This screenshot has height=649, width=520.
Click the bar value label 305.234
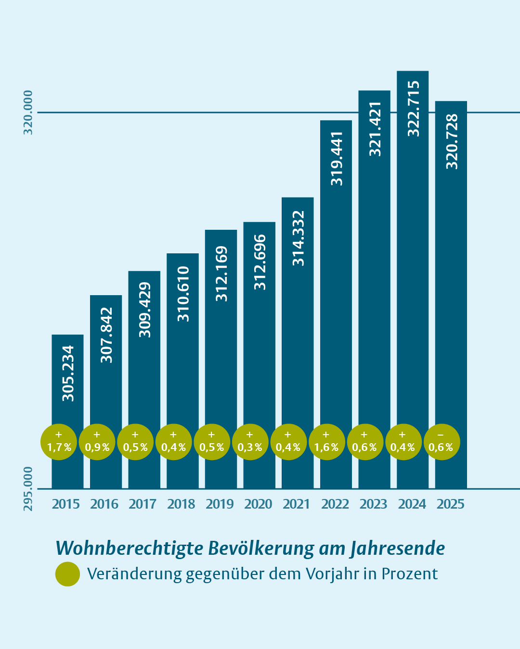tap(68, 374)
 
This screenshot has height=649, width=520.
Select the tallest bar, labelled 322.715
tap(413, 279)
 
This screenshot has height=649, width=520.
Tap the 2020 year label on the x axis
tap(258, 504)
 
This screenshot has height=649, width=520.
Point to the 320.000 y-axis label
tap(28, 112)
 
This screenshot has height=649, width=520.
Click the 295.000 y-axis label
tap(28, 488)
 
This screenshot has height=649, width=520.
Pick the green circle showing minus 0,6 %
tap(442, 442)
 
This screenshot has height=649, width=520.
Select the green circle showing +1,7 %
tap(59, 442)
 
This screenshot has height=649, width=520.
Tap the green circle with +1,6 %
tap(326, 442)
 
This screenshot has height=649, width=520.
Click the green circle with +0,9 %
tap(97, 442)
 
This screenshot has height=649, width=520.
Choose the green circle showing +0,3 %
tap(250, 442)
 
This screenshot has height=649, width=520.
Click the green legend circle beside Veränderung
tap(67, 574)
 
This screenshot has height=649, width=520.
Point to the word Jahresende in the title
tap(397, 549)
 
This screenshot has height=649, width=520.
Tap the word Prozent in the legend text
tap(409, 574)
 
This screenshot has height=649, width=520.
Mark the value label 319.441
tap(337, 159)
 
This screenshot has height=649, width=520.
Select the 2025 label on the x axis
tap(451, 504)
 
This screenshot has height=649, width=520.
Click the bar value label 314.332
tap(298, 238)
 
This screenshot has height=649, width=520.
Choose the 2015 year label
tap(66, 504)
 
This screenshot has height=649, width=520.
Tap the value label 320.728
tap(452, 142)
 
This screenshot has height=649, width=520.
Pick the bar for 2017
tap(144, 380)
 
